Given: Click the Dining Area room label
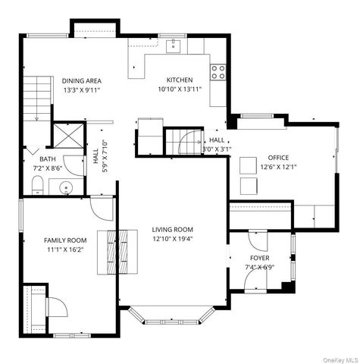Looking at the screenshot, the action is (x=82, y=81).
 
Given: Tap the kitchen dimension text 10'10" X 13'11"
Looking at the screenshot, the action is (x=180, y=89).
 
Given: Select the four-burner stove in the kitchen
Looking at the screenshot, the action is (x=218, y=72).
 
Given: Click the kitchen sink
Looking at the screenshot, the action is (x=173, y=46).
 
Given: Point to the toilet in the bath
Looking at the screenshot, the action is (x=38, y=185).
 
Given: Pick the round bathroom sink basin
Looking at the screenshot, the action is (x=66, y=188).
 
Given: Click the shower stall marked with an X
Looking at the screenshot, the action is (x=69, y=136).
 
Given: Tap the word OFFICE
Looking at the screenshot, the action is (x=278, y=158).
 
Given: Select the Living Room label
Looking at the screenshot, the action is (x=173, y=230).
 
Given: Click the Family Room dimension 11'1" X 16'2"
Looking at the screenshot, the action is (x=65, y=249).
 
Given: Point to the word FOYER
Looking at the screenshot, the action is (x=260, y=258).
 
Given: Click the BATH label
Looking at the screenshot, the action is (x=48, y=159).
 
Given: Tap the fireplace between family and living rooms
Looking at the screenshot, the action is (x=117, y=252).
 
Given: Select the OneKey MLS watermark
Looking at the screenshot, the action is (x=340, y=360).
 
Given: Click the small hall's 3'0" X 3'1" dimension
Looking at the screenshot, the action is (x=217, y=149).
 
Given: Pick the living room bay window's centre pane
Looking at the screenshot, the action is (x=171, y=322).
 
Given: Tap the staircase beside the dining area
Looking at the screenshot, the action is (x=37, y=99).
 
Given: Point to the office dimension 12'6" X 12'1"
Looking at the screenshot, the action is (x=278, y=167).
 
